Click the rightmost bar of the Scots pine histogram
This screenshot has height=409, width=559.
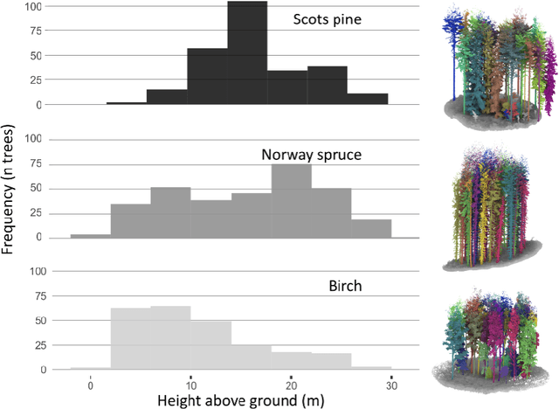(x=368, y=99)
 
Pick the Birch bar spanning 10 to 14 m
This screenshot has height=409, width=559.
(x=210, y=345)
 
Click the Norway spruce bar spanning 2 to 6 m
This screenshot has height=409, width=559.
(x=130, y=220)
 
